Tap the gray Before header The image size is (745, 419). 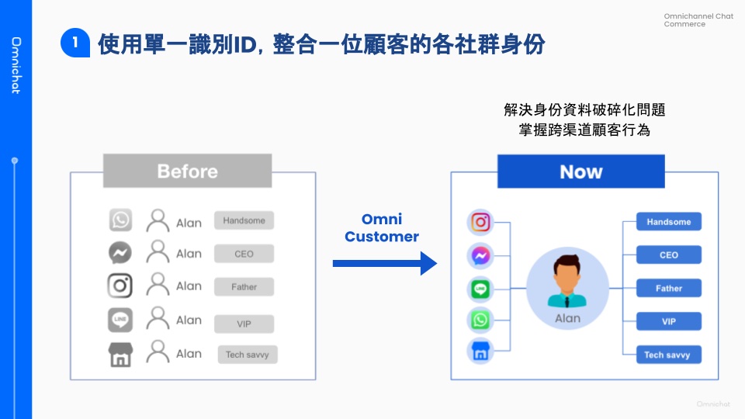pos(187,171)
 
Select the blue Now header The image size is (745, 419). pos(580,171)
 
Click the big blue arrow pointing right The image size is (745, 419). pos(385,264)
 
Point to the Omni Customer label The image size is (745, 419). pos(382,228)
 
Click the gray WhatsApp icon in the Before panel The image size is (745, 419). pos(120,220)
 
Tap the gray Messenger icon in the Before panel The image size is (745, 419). pos(120,253)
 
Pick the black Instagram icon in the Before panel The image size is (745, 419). pos(120,286)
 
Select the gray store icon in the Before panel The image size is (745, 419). pos(120,355)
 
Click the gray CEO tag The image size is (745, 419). pos(244,254)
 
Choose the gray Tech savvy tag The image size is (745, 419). pos(247,355)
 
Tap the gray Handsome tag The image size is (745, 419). pos(244,220)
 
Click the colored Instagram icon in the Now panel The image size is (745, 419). pos(480,222)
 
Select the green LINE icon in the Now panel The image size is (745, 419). pos(480,289)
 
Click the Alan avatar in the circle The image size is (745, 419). pos(567,282)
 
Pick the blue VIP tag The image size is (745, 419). pos(668,321)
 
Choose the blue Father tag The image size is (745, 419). pos(668,288)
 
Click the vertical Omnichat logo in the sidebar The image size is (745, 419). pos(16,65)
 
